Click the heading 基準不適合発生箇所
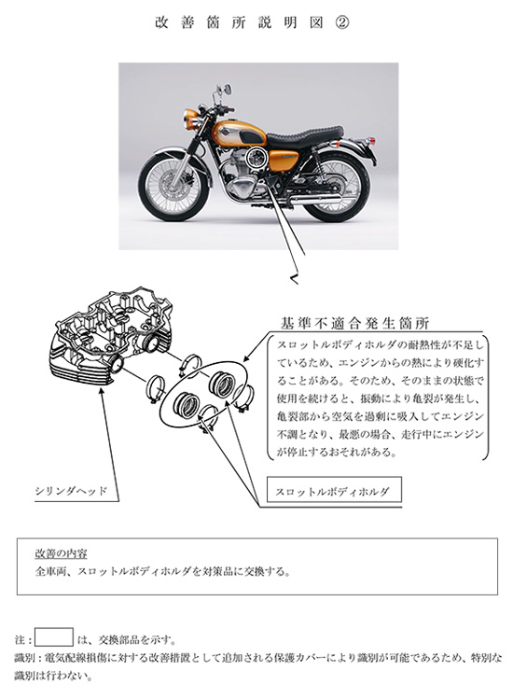(354, 324)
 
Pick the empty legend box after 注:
(54, 638)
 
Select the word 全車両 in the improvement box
(50, 570)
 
